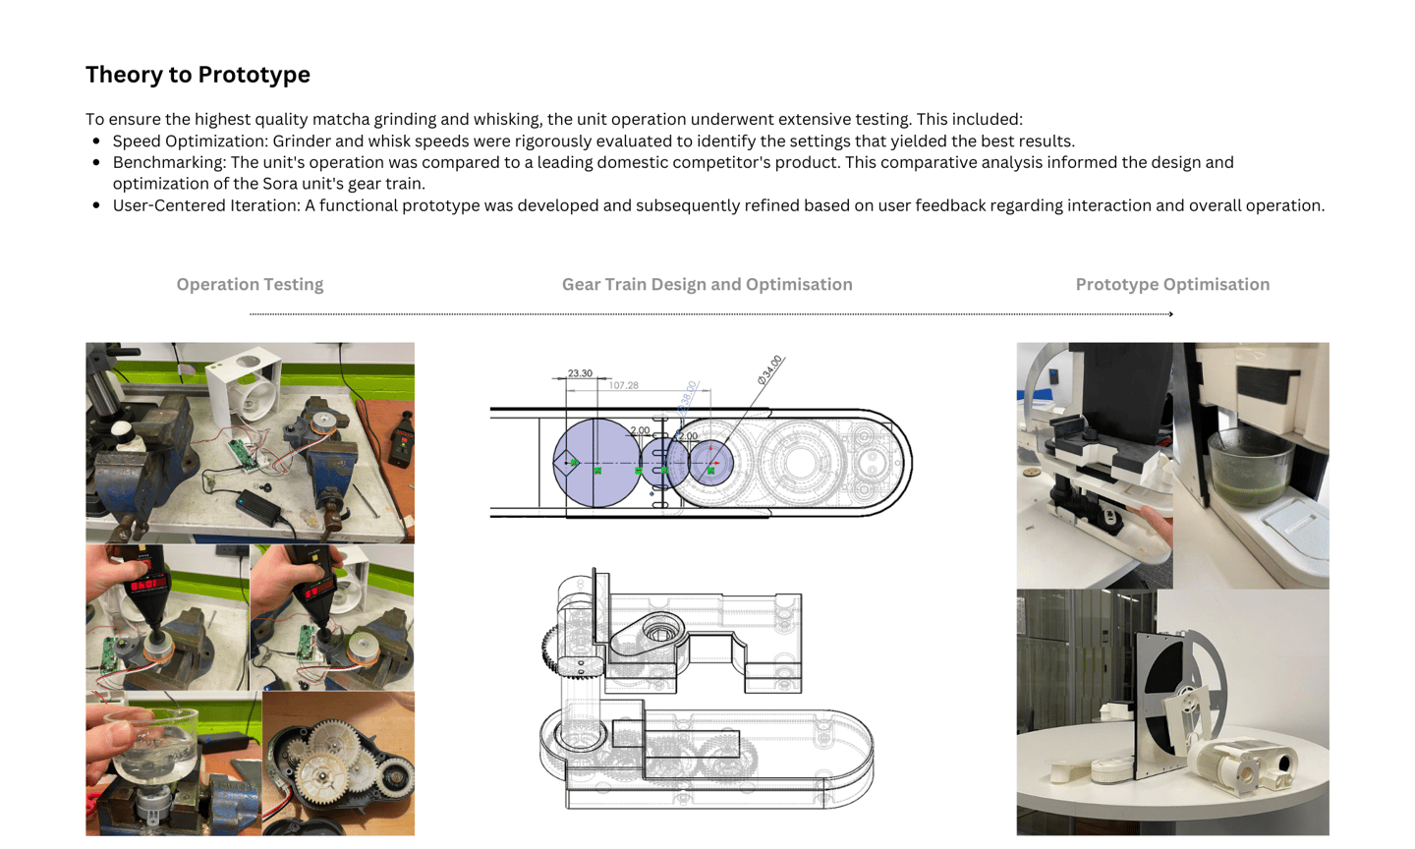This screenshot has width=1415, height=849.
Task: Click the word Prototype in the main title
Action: [x=254, y=75]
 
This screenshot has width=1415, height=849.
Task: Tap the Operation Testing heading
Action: [x=251, y=284]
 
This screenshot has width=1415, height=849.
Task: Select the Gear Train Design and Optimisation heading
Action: [x=707, y=284]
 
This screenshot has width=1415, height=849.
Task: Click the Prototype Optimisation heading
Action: [x=1172, y=284]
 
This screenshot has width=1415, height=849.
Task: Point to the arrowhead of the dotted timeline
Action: [x=1171, y=314]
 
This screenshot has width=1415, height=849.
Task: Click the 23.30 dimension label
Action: [x=580, y=372]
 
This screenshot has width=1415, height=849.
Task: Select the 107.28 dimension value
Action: [x=623, y=385]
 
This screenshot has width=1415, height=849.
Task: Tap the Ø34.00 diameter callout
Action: [x=770, y=369]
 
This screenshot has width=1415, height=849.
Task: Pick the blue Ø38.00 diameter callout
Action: [x=687, y=397]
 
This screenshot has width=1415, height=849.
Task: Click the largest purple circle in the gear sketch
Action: [x=597, y=463]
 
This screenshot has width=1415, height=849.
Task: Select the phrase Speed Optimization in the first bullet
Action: [x=191, y=141]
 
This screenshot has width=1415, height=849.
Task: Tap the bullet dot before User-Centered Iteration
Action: [x=96, y=205]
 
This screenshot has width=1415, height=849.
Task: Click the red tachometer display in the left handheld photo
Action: [x=149, y=583]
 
